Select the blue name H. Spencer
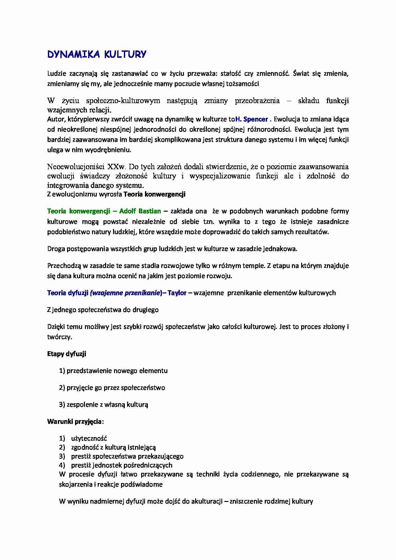(x=251, y=119)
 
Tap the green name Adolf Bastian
(x=140, y=211)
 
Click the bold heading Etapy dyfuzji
(x=66, y=354)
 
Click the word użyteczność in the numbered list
(x=89, y=438)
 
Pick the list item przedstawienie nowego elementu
(x=117, y=371)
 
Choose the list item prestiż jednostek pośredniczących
(x=121, y=465)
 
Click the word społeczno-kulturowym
(x=123, y=101)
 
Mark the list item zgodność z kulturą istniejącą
(x=113, y=447)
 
